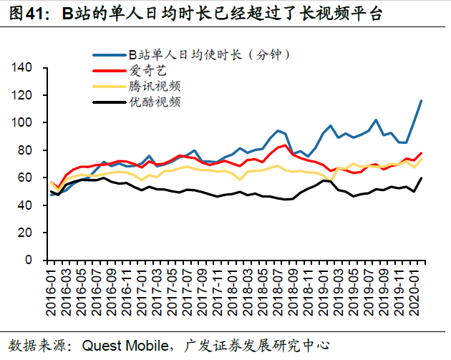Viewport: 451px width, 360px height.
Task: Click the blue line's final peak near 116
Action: click(x=421, y=101)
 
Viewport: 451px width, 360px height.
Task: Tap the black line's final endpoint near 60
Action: click(x=421, y=178)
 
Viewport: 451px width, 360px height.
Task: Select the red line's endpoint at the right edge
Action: click(x=421, y=153)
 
